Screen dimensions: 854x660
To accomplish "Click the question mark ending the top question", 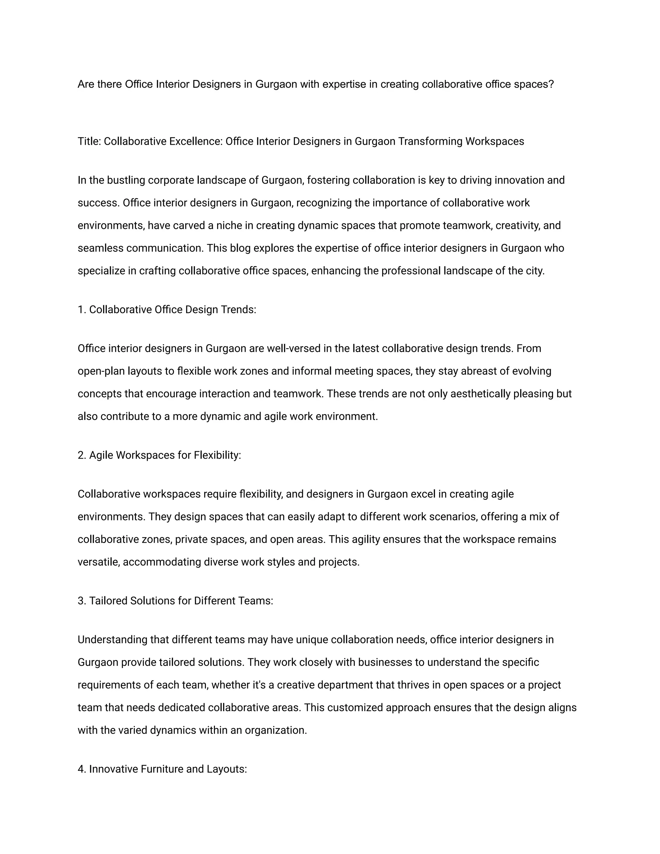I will coord(551,84).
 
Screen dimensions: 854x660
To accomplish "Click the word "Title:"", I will coord(90,141).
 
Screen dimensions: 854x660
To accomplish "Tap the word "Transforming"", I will coord(430,141).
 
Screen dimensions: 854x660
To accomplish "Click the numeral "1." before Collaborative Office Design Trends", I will coord(82,310).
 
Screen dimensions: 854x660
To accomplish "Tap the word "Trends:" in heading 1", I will coord(238,310).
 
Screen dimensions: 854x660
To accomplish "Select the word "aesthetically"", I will coord(480,394).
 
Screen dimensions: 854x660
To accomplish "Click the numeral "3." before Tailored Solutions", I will coord(82,601).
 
